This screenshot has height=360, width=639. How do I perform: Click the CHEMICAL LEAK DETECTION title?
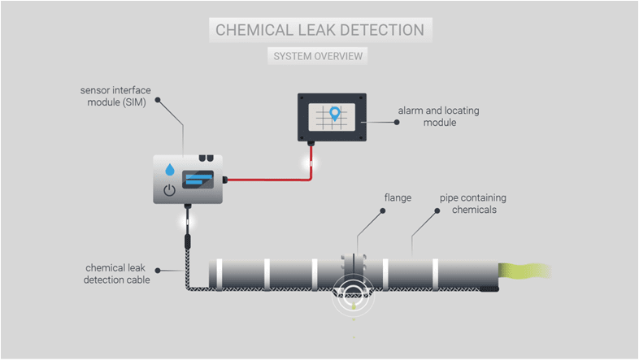click(x=319, y=31)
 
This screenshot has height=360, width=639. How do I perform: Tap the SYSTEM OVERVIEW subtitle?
click(x=319, y=56)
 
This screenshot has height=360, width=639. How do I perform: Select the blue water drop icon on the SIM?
click(x=170, y=171)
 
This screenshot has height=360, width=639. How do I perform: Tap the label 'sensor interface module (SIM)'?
click(x=114, y=96)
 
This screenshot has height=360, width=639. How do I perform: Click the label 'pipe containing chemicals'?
click(x=467, y=203)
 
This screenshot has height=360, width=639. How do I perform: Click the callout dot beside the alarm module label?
click(x=396, y=123)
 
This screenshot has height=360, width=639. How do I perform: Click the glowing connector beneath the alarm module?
click(x=310, y=161)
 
